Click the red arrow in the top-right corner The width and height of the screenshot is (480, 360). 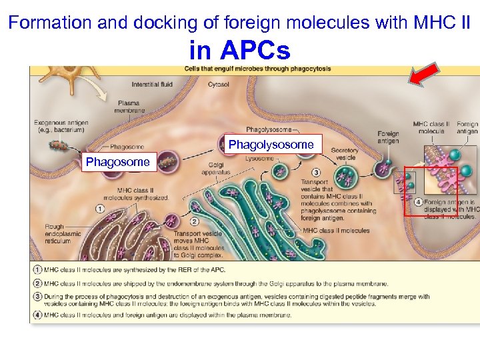[x=423, y=74]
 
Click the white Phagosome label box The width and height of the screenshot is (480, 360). [x=118, y=162]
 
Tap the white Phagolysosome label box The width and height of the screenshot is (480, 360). [x=271, y=145]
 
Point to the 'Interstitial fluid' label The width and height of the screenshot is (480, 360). [x=152, y=85]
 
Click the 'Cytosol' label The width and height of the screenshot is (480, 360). [x=218, y=85]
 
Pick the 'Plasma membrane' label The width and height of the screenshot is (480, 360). [x=128, y=107]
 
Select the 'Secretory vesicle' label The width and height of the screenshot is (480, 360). [x=344, y=154]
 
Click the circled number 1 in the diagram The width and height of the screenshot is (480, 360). [x=101, y=209]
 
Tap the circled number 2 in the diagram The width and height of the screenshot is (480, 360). [x=195, y=221]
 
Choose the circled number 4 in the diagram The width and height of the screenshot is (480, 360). [x=417, y=201]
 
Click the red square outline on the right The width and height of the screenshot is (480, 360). [x=431, y=192]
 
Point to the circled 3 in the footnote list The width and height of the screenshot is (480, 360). [x=38, y=296]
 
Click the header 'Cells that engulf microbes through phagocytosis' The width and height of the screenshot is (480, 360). [x=257, y=69]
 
